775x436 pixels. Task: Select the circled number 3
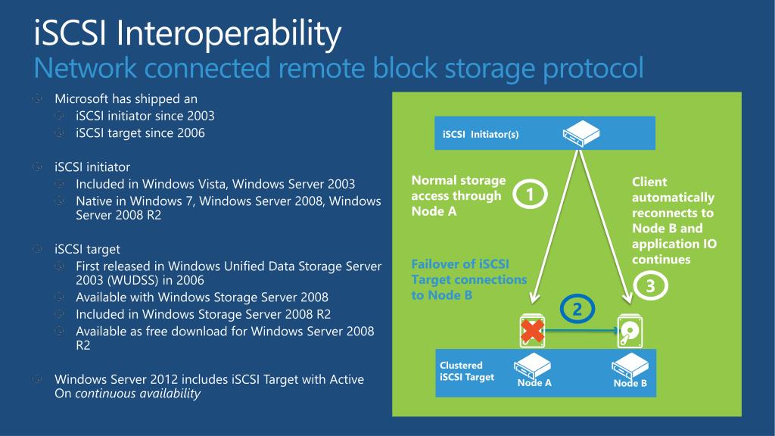click(649, 286)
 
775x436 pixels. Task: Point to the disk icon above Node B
click(629, 330)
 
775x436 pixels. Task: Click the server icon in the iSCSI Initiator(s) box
click(580, 134)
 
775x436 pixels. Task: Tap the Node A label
click(534, 383)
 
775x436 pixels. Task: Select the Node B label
click(630, 383)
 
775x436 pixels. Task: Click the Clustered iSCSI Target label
click(467, 371)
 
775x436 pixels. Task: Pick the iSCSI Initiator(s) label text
click(481, 135)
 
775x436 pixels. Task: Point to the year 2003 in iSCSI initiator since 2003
click(201, 116)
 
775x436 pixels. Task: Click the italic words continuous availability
click(138, 394)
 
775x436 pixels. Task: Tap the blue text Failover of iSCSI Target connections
click(468, 279)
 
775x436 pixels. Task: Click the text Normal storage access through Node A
click(458, 195)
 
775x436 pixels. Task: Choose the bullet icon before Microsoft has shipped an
click(39, 99)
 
